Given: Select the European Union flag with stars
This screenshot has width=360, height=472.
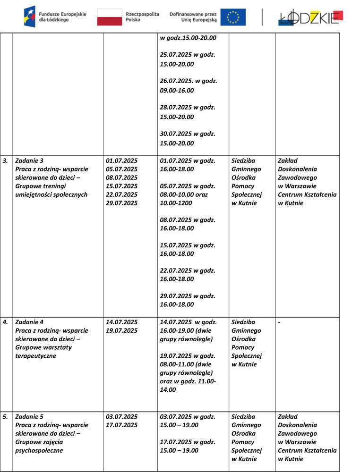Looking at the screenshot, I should tap(233, 17).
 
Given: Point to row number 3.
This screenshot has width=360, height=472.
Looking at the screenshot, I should tap(5, 160).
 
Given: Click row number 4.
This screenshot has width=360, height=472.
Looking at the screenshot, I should tap(5, 322).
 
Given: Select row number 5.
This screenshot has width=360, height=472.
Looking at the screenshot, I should tap(5, 417).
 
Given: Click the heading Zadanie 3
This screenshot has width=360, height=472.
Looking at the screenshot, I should tap(29, 160).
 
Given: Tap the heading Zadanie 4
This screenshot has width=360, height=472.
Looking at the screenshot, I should tap(29, 322).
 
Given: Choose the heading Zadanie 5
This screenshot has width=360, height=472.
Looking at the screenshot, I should tap(29, 417).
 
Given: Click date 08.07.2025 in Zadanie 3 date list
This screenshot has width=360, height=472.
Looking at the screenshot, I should tap(121, 177).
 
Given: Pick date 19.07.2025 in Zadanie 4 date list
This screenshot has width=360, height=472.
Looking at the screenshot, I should tap(121, 331).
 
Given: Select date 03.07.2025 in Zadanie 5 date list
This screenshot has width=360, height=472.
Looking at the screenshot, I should tap(121, 417).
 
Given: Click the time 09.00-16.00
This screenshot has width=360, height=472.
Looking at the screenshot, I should tap(177, 91).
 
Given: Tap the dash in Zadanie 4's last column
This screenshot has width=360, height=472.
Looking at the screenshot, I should tap(279, 322).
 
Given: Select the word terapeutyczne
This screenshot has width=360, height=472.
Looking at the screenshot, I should tap(35, 356).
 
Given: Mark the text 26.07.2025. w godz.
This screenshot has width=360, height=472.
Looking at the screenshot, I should tap(189, 81).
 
